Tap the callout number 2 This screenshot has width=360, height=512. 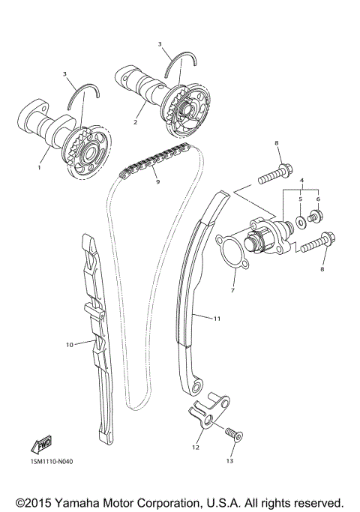[135, 121]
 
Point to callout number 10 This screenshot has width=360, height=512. [68, 346]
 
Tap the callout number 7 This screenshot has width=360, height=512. [232, 290]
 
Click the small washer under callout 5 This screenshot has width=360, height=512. [300, 221]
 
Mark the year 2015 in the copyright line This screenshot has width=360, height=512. [39, 500]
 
